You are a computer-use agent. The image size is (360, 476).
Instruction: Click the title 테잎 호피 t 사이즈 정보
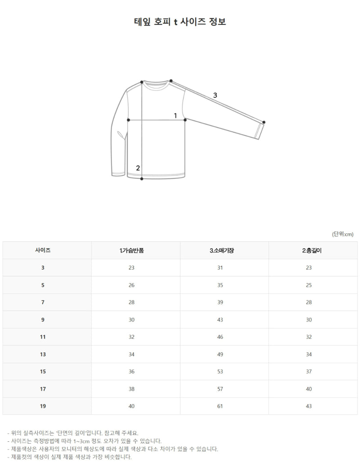click(x=180, y=22)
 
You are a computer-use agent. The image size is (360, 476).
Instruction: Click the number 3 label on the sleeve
click(x=215, y=95)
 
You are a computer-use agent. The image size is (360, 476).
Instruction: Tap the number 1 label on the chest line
click(x=175, y=116)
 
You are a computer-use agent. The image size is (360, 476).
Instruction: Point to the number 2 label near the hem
click(x=138, y=168)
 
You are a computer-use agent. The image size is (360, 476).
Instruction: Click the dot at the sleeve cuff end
click(x=264, y=122)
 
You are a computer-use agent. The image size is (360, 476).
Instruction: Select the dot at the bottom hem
click(x=142, y=179)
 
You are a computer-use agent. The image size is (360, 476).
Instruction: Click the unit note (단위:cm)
click(x=343, y=234)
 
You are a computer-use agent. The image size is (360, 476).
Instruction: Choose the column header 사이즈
click(x=43, y=250)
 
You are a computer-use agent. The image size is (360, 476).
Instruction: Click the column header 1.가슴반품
click(x=131, y=250)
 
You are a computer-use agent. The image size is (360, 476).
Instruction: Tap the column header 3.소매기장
click(x=222, y=250)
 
